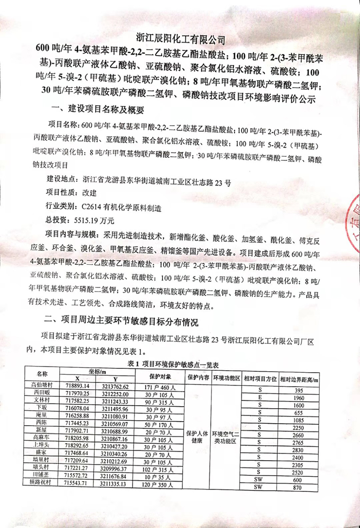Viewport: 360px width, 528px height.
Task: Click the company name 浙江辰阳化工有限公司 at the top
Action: click(181, 39)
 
